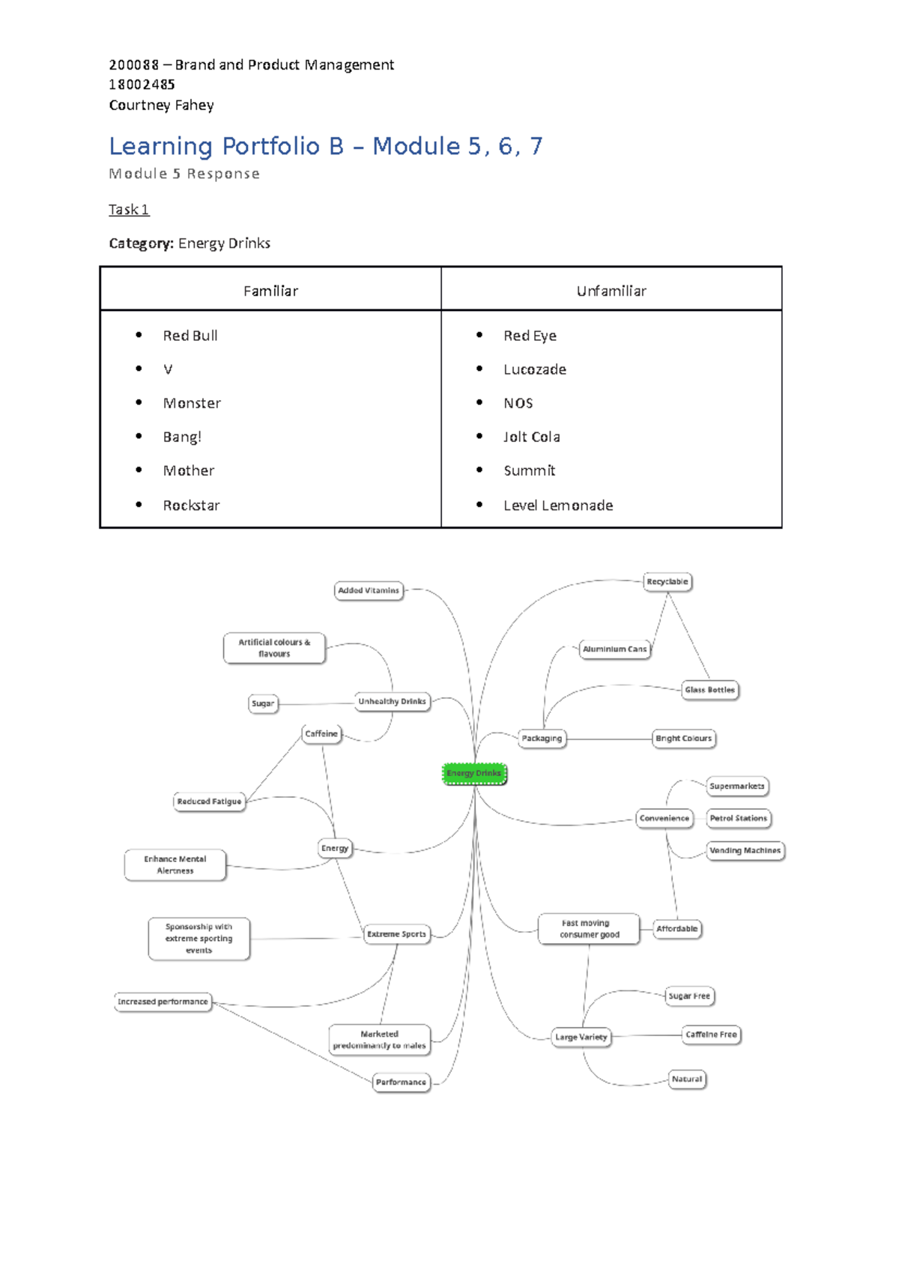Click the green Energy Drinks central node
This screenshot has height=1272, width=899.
tap(474, 773)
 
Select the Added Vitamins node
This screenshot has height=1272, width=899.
tap(369, 590)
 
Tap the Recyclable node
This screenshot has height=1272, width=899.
tap(667, 581)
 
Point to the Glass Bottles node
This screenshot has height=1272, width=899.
tap(709, 689)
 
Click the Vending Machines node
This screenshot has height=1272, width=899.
tap(745, 850)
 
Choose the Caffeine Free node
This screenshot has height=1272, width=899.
tap(711, 1035)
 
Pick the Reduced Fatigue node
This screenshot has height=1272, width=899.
tap(209, 801)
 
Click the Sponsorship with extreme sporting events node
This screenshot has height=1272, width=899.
tap(199, 938)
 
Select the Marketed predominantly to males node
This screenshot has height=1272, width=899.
tap(379, 1040)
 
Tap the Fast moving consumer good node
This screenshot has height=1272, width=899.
tap(589, 929)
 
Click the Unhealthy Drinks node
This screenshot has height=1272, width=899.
tap(392, 701)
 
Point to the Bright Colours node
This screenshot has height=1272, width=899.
tap(683, 738)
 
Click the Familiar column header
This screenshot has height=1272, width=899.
tap(270, 291)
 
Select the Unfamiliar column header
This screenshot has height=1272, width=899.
tap(611, 291)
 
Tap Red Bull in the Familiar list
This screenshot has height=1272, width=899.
tap(190, 336)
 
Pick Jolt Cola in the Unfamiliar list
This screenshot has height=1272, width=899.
tap(531, 437)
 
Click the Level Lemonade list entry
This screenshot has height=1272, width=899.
tap(558, 506)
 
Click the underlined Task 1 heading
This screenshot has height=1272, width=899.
tap(129, 210)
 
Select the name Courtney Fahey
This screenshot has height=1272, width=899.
tap(161, 105)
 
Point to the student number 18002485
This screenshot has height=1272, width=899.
tap(142, 85)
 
